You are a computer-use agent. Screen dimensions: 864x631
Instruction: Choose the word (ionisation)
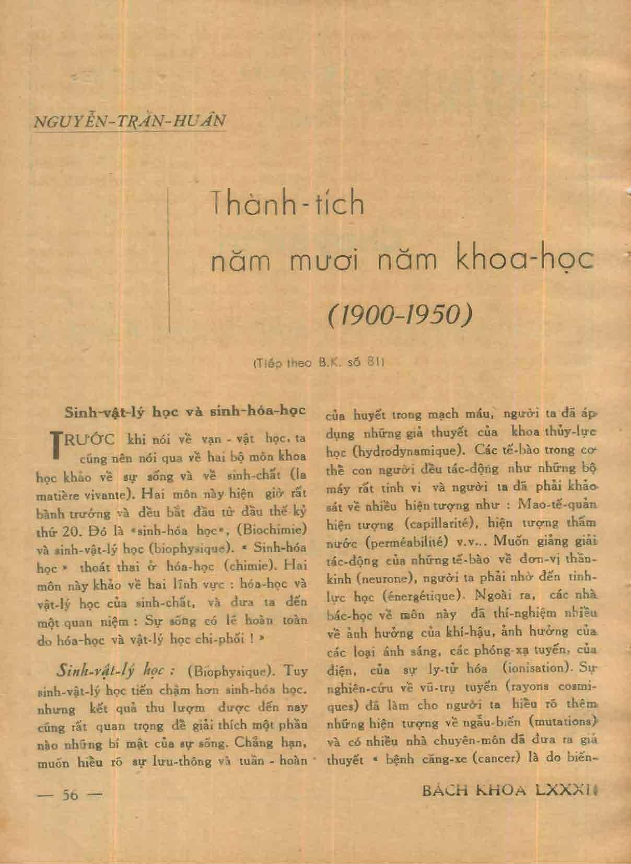point(532,667)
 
